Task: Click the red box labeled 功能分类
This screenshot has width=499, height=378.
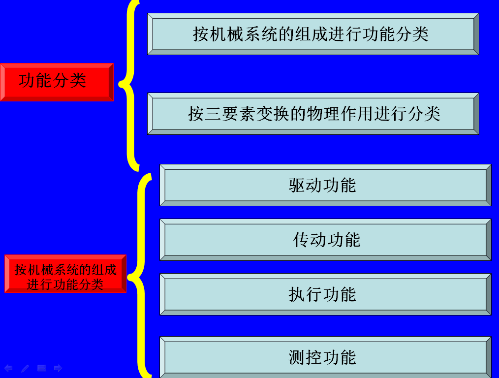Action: [x=57, y=82]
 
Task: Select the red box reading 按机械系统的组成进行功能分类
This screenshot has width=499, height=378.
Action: [x=65, y=274]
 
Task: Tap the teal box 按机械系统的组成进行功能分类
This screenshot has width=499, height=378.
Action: [x=313, y=33]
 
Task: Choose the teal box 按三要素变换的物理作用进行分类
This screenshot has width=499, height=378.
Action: [x=313, y=113]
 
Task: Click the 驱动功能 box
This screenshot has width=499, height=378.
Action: [x=325, y=185]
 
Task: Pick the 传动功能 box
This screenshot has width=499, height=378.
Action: [x=325, y=240]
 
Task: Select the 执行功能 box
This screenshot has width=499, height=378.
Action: [x=325, y=294]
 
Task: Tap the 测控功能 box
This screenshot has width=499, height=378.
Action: [x=325, y=357]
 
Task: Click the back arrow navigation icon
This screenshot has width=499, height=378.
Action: [x=8, y=368]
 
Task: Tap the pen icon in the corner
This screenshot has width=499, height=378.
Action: [x=25, y=368]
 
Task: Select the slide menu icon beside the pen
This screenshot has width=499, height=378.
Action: [x=42, y=368]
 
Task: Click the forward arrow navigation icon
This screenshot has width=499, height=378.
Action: [x=58, y=368]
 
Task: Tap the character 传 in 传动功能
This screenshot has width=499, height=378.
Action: [x=301, y=240]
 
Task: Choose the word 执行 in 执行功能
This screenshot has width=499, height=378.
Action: [x=305, y=295]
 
